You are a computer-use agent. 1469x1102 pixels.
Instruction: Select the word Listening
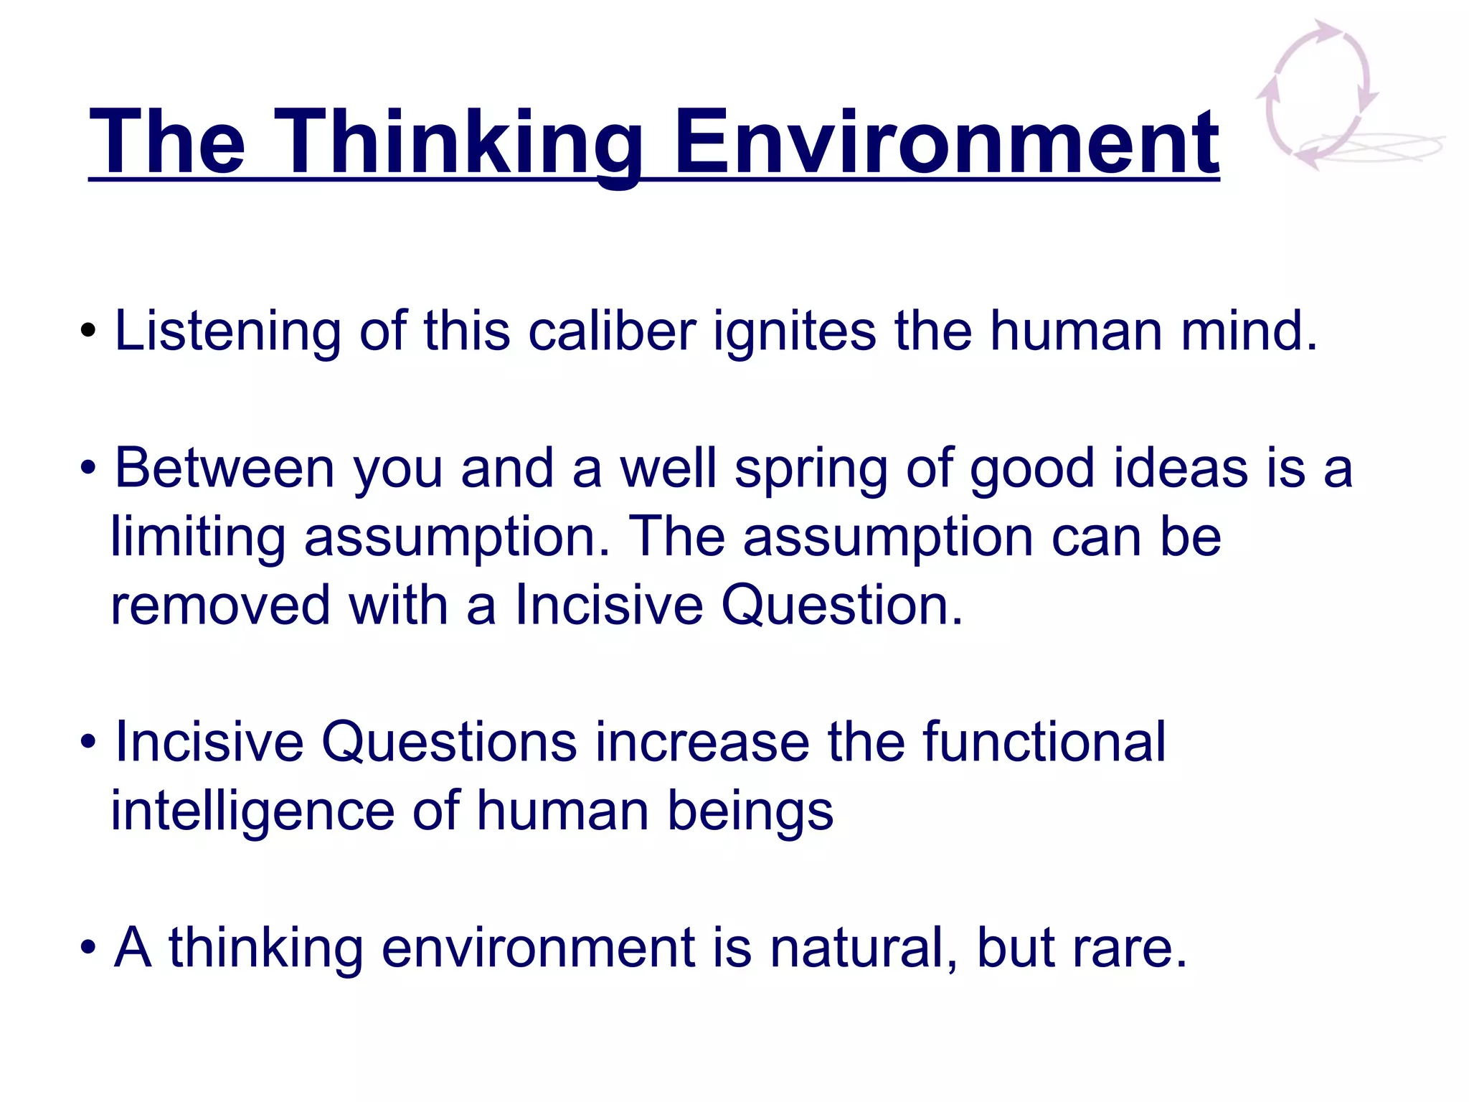[228, 331]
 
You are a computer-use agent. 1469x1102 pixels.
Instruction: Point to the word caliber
[612, 331]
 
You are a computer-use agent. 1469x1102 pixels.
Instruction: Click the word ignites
[794, 331]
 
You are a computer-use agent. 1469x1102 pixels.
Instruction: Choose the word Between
[225, 468]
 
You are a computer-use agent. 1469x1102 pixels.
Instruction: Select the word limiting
[198, 537]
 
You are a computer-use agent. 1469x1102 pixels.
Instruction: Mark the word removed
[220, 606]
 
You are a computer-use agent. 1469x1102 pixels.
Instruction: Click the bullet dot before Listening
[88, 331]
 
